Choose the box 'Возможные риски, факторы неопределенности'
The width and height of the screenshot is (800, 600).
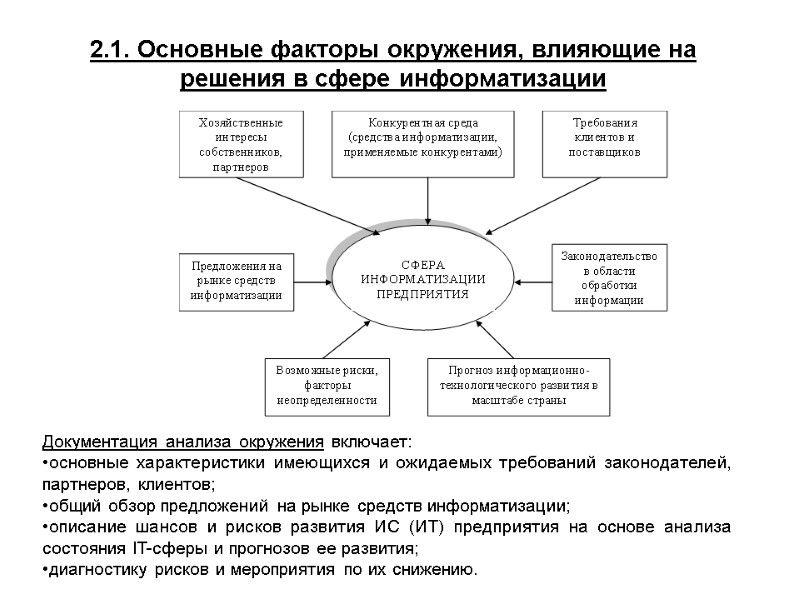327,385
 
